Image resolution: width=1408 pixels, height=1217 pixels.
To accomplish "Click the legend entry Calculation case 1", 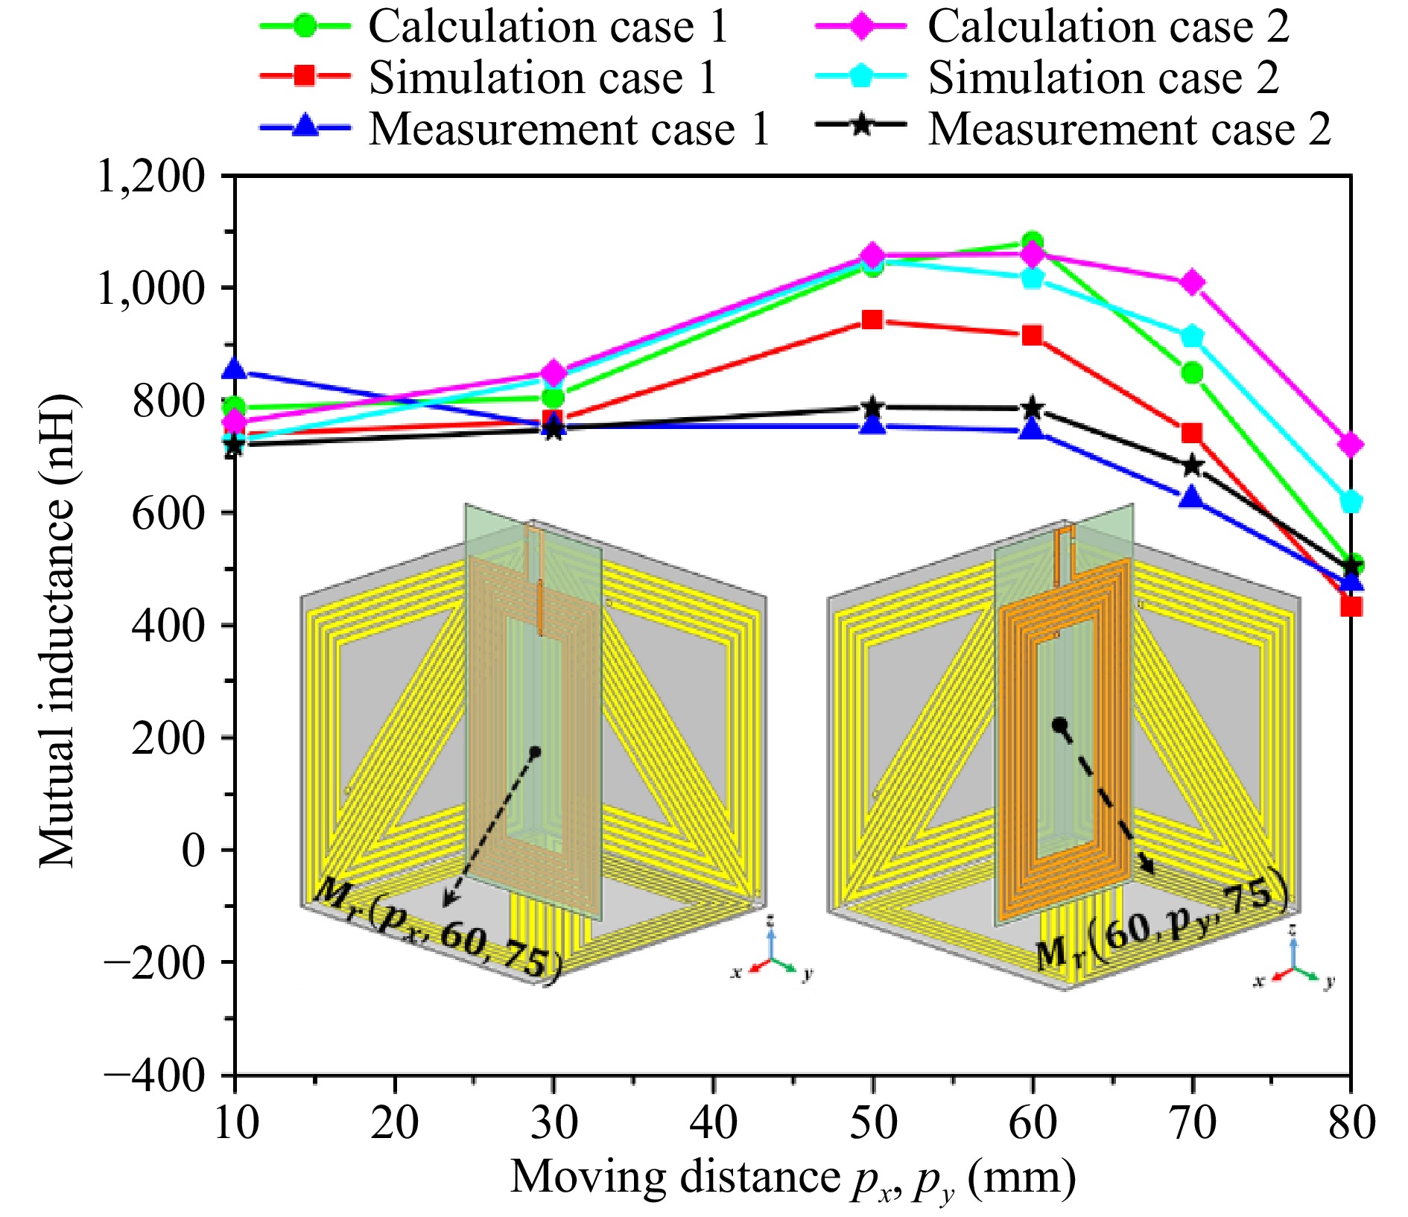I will pos(548,27).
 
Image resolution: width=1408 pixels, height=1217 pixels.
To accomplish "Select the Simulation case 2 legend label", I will pos(1103,77).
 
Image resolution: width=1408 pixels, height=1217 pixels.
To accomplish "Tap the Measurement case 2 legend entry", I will pos(1129,129).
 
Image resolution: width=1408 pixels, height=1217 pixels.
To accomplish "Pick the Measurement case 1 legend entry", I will pos(568,129).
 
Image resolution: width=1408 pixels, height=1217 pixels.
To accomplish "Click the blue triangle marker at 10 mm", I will pos(235,369).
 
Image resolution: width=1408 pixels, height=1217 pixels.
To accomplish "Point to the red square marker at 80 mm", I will pos(1351,606).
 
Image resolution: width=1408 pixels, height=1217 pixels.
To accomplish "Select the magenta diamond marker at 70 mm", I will pos(1192,282).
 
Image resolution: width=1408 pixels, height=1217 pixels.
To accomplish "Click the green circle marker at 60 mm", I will pos(1033,241).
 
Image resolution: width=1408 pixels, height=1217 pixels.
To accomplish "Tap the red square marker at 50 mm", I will pos(872,320).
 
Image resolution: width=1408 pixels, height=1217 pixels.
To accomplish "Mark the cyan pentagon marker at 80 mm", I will pos(1351,501).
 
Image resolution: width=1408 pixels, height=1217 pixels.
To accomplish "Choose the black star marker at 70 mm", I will pos(1192,465).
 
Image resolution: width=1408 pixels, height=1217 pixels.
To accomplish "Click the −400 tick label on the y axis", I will pos(154,1076).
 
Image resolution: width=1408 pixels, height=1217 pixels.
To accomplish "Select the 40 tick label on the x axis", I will pos(714,1122).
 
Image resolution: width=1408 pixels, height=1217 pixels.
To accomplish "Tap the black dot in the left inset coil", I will pos(535,752).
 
